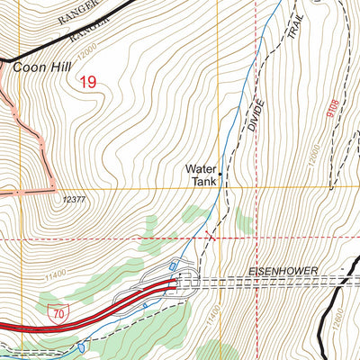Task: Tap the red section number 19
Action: pyautogui.click(x=87, y=83)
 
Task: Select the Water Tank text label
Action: pyautogui.click(x=202, y=174)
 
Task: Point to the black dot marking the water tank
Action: pyautogui.click(x=222, y=175)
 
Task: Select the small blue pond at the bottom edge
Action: pyautogui.click(x=82, y=346)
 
